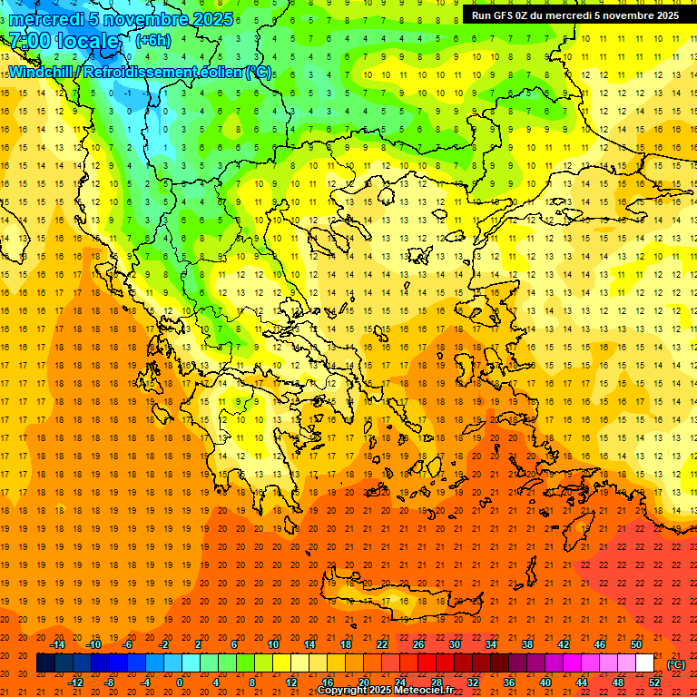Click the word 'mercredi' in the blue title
(48, 19)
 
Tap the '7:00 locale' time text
(64, 41)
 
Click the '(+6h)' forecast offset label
(152, 40)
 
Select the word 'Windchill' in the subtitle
(43, 72)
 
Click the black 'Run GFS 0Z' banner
(574, 15)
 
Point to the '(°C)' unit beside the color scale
(676, 664)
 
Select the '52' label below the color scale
(655, 682)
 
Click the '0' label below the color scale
(180, 682)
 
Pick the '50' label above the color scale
(635, 644)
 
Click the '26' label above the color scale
(418, 644)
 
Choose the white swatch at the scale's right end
(644, 663)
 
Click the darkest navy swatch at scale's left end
(45, 663)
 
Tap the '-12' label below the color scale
(75, 682)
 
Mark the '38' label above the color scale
(526, 644)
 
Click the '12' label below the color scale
(291, 682)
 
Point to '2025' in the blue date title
(211, 19)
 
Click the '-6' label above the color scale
(128, 644)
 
